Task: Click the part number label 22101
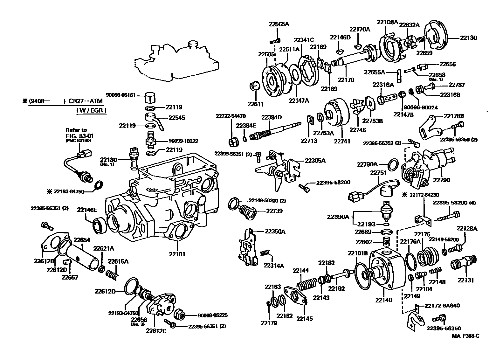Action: [177, 254]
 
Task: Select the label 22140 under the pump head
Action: [383, 300]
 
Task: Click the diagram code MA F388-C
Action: [466, 336]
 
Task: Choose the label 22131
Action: [466, 280]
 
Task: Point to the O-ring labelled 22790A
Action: [394, 164]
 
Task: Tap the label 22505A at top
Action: [279, 24]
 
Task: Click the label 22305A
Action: [315, 161]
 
